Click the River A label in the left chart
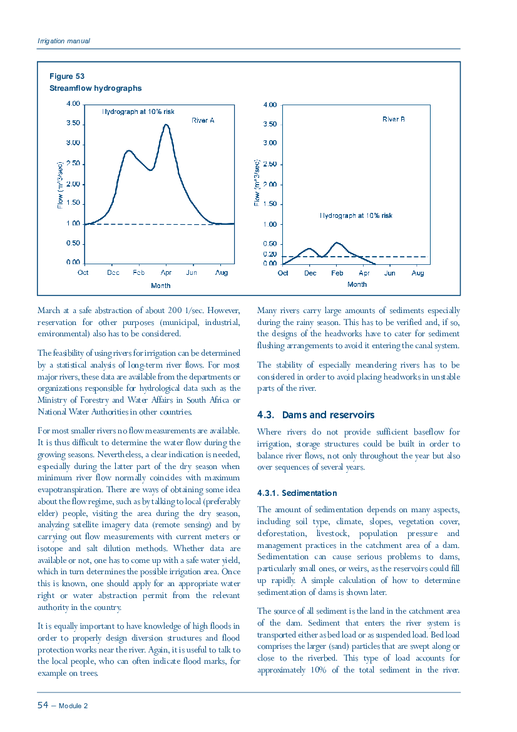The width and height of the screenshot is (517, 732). [x=203, y=120]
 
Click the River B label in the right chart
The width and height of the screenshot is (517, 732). [x=393, y=119]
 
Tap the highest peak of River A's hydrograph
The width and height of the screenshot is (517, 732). [x=166, y=125]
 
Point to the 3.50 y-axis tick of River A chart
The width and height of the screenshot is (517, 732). [x=73, y=123]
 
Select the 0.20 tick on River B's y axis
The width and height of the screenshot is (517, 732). [x=270, y=254]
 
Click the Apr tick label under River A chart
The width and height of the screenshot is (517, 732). [x=166, y=272]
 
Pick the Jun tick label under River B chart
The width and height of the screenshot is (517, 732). [x=389, y=273]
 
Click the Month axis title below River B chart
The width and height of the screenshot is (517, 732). [x=357, y=284]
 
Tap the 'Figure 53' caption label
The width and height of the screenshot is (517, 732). [x=67, y=76]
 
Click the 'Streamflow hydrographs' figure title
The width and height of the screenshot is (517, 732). [x=96, y=88]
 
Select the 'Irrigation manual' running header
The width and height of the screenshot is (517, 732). [x=64, y=41]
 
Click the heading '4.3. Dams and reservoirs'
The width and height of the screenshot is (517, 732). [x=316, y=415]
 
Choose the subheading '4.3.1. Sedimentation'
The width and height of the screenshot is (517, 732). [x=297, y=493]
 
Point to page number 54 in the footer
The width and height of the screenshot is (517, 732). [x=43, y=705]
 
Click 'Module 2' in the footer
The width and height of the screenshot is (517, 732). [x=73, y=706]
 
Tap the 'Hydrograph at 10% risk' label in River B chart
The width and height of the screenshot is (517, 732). [x=356, y=215]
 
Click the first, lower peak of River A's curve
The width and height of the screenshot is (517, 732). [x=129, y=151]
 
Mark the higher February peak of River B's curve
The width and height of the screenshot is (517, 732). [x=337, y=243]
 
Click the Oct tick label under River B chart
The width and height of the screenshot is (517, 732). [x=283, y=273]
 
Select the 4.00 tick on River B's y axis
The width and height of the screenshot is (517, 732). [x=270, y=105]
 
